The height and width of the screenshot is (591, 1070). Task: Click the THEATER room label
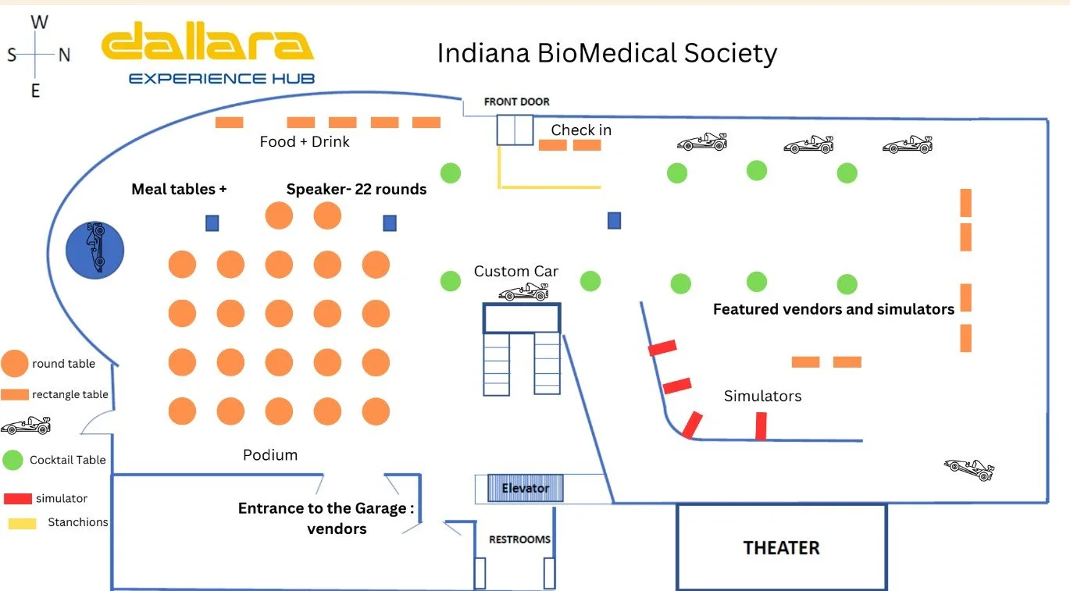(782, 547)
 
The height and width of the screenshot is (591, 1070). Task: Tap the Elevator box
(526, 488)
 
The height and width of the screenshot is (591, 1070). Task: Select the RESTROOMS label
(519, 539)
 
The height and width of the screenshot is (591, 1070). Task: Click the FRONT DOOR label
(517, 101)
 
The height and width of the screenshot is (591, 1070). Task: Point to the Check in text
(581, 130)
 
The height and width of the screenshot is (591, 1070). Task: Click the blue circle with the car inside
(95, 250)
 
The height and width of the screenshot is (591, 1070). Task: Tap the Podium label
(270, 455)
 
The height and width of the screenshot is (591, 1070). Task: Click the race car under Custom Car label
(523, 292)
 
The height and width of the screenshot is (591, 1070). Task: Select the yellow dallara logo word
(207, 41)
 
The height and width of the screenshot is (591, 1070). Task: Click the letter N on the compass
(65, 55)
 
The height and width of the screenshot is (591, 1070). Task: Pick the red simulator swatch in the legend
(18, 498)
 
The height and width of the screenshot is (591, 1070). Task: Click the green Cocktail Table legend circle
(13, 460)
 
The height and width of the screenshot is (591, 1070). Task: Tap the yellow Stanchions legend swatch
(23, 523)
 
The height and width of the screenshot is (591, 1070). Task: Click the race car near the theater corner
(969, 469)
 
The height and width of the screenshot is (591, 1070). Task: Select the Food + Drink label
(305, 142)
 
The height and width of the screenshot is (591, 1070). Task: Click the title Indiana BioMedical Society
(607, 53)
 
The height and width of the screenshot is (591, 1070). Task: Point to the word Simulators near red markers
(762, 396)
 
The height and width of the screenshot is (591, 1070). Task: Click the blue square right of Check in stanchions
(615, 220)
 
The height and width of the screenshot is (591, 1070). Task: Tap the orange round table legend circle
(14, 363)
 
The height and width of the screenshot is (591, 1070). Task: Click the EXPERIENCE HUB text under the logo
(222, 79)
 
